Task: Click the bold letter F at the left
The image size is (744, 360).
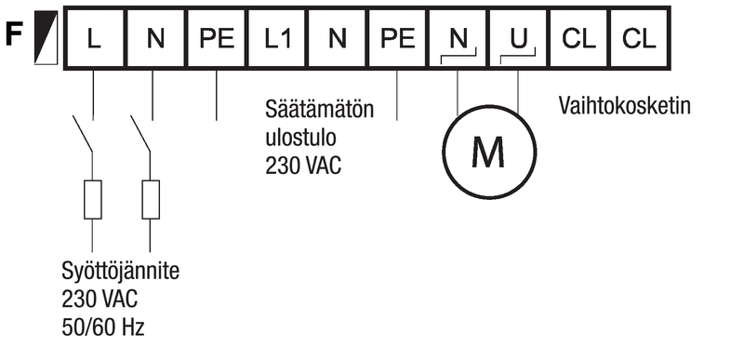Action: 15,36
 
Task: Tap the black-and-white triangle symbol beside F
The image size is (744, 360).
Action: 46,37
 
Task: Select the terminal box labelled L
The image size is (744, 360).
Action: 95,38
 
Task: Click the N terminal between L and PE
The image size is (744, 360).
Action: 155,38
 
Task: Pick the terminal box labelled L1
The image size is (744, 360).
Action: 277,38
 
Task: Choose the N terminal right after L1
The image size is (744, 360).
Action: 338,38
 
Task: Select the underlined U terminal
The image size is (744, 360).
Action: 519,38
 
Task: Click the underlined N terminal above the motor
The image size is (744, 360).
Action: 458,38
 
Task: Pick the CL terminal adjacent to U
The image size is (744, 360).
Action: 578,38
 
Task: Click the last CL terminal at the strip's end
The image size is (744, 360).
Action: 640,38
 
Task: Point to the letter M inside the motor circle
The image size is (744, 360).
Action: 489,153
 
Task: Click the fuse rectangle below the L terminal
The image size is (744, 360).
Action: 92,200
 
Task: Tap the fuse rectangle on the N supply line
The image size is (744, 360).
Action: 151,200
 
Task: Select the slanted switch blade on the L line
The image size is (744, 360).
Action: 83,134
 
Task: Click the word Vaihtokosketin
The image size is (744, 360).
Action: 624,105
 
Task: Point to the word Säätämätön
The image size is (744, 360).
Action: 319,109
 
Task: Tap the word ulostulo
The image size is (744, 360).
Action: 300,138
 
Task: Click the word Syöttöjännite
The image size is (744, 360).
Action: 121,272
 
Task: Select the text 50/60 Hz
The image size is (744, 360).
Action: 103,327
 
